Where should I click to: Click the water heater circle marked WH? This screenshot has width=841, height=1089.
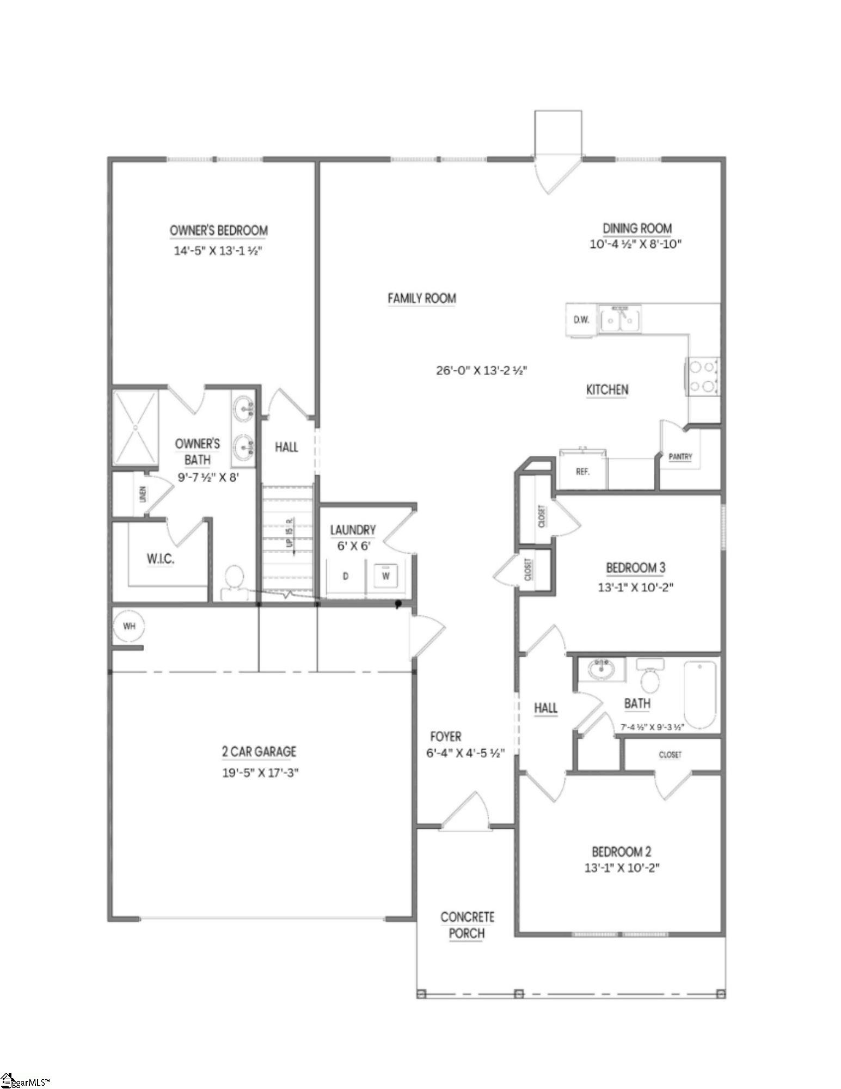(129, 626)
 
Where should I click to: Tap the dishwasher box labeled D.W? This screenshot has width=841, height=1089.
(581, 320)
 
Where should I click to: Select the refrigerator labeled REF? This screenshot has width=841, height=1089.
(582, 470)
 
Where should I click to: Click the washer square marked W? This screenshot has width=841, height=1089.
(385, 576)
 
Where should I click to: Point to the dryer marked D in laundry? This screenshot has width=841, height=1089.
(345, 576)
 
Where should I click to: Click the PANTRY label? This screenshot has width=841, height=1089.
(680, 457)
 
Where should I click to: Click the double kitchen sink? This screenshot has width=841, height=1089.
(621, 319)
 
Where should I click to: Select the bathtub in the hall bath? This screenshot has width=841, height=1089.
(699, 694)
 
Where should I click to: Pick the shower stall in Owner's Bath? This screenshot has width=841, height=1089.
(135, 427)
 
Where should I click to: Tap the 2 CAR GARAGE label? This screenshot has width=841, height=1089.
(259, 751)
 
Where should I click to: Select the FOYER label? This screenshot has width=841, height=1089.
(445, 737)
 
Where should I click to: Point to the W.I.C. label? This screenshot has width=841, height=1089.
(160, 559)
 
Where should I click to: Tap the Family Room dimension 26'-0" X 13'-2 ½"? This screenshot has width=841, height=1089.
(481, 371)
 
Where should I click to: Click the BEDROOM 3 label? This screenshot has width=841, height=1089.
(635, 568)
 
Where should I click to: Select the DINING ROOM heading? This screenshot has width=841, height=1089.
(636, 228)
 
